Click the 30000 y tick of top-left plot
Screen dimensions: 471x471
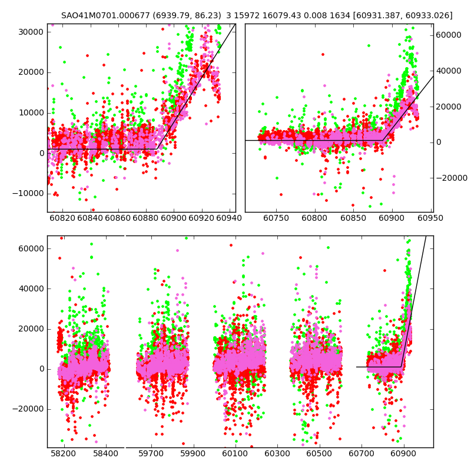tap(30, 32)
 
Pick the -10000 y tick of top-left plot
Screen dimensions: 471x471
tap(28, 194)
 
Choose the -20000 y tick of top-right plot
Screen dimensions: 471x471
tap(451, 178)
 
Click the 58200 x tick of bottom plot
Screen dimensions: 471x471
tap(63, 455)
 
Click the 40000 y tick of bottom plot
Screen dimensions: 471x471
tap(30, 288)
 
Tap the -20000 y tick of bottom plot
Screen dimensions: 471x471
tap(28, 409)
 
